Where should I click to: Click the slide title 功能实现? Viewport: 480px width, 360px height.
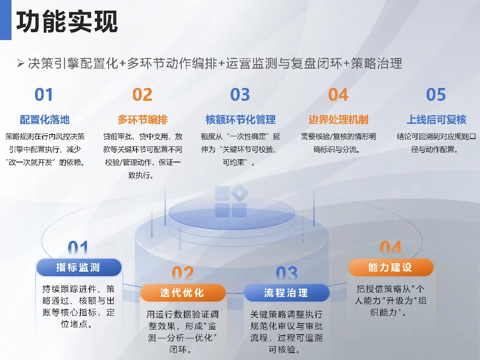[x=67, y=22]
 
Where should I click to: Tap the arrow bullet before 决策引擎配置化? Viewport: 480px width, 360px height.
[x=21, y=64]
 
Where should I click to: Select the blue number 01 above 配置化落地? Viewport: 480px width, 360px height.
[x=44, y=94]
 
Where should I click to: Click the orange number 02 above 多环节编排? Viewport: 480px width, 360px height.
[x=142, y=94]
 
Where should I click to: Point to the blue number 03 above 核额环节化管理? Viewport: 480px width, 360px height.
[x=240, y=94]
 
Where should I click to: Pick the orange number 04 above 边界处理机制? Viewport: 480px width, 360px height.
[x=338, y=94]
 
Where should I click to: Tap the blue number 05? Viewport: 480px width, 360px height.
[x=436, y=94]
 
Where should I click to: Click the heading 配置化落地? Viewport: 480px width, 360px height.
[x=45, y=119]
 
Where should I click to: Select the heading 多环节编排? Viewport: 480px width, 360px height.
[x=143, y=119]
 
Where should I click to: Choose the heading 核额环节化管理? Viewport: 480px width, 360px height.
[x=241, y=119]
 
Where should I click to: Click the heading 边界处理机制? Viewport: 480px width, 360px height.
[x=338, y=119]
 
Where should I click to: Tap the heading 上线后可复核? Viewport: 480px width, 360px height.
[x=436, y=119]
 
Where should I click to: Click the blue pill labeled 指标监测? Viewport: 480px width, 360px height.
[x=79, y=267]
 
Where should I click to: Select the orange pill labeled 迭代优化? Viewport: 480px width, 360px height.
[x=183, y=293]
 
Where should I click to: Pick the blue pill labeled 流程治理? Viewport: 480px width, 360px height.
[x=287, y=293]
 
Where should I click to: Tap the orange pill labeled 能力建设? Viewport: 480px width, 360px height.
[x=391, y=267]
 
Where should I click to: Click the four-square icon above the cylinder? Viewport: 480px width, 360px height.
[x=231, y=201]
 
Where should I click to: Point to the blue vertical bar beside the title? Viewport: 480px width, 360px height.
[x=6, y=20]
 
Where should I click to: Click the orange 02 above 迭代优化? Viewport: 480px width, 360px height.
[x=183, y=273]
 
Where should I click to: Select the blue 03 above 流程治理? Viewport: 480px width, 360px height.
[x=287, y=273]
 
